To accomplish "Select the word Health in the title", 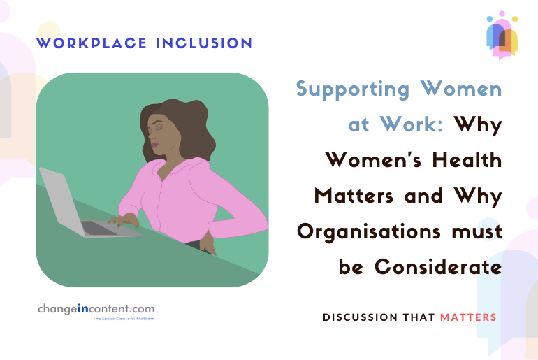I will [x=465, y=159].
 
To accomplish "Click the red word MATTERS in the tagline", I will [x=468, y=317].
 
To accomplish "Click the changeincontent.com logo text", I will [x=96, y=308].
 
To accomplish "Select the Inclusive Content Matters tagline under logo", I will [x=124, y=319].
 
